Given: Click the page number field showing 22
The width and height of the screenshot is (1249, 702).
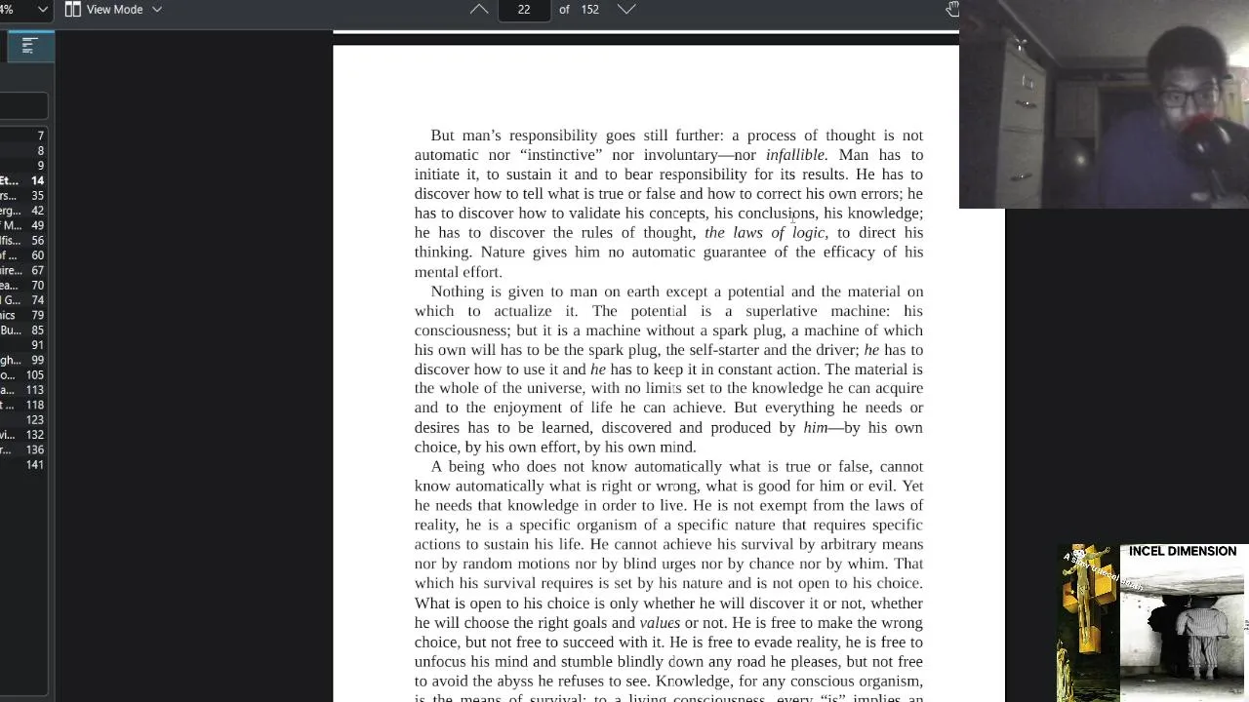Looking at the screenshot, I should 524,10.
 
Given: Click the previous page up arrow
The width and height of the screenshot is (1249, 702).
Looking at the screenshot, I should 479,10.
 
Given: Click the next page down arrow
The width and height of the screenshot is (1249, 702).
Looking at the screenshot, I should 626,10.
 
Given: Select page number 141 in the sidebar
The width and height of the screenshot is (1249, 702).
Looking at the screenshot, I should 35,465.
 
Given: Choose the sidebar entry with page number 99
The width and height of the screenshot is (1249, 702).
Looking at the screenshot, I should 37,361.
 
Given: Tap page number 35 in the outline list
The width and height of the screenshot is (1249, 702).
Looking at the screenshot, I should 37,196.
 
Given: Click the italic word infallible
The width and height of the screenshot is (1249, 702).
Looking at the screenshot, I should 796,155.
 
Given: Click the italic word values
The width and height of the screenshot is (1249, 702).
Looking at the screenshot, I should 660,623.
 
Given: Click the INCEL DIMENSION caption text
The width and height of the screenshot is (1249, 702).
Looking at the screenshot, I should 1182,552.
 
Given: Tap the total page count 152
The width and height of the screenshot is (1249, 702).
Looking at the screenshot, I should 589,10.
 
